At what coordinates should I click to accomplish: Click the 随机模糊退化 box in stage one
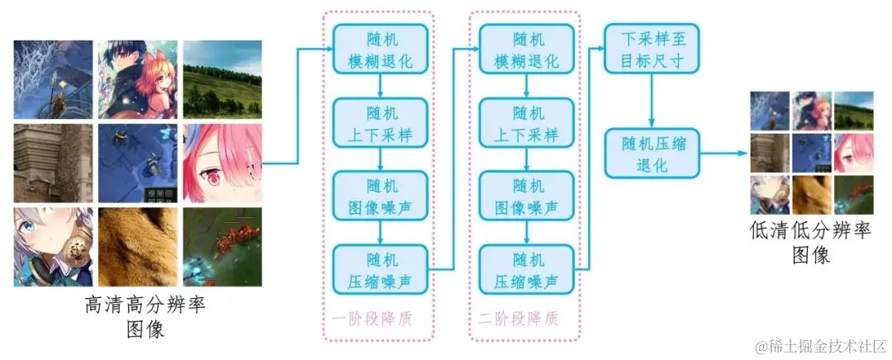(x=380, y=49)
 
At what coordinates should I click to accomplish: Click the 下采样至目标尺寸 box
(x=652, y=49)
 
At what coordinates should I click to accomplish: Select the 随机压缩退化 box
(x=652, y=154)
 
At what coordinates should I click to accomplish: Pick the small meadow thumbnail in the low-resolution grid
(x=852, y=110)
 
